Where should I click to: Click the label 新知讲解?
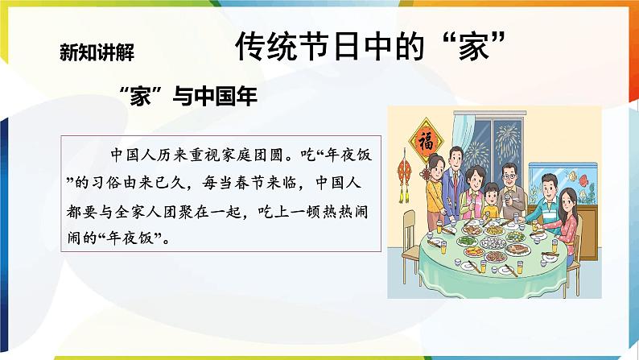pos(96,52)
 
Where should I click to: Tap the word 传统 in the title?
pos(265,48)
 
